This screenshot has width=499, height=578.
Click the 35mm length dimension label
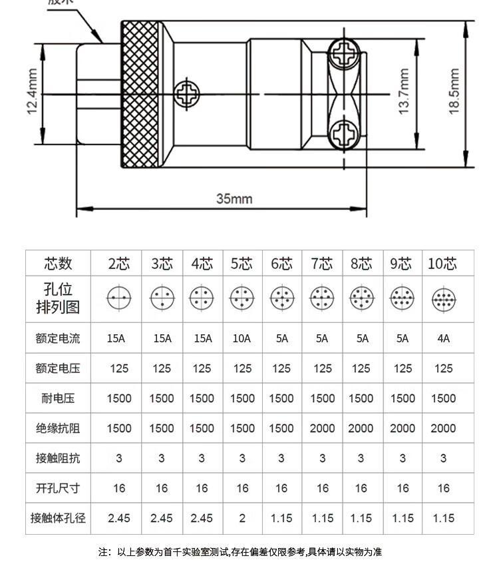(x=234, y=198)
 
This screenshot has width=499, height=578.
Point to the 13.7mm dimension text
(x=404, y=92)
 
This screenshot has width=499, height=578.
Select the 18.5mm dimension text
(x=454, y=92)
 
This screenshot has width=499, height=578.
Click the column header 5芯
(x=242, y=263)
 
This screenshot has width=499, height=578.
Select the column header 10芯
(x=443, y=263)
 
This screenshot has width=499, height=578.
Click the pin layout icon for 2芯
(x=119, y=298)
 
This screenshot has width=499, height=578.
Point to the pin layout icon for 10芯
(x=443, y=298)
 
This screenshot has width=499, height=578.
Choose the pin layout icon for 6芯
(x=281, y=298)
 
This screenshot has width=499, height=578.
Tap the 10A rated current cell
(x=242, y=338)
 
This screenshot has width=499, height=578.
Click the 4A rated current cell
(x=443, y=338)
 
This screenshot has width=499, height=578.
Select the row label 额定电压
(x=58, y=368)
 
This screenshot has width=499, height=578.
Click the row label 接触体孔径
(x=58, y=518)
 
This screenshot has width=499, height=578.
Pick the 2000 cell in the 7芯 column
(x=323, y=428)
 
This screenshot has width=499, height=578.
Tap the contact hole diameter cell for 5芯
(x=242, y=518)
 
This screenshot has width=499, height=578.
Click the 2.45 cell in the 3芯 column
(x=162, y=518)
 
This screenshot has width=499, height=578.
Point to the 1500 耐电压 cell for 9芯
(x=403, y=398)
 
